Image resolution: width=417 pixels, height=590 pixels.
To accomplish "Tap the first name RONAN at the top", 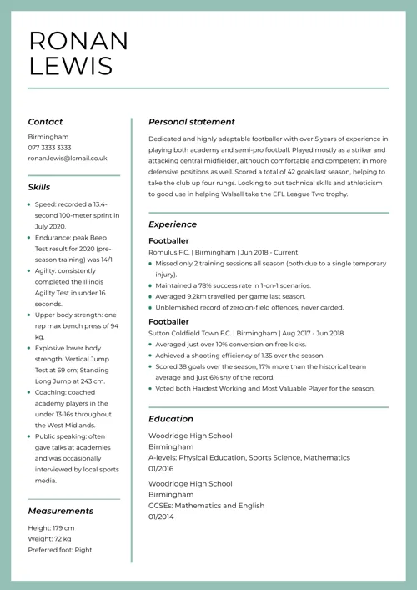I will tap(78, 40).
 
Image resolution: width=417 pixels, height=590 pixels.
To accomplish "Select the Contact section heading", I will tap(45, 121).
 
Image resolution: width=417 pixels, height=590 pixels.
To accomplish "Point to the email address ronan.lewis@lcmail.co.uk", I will tap(68, 158).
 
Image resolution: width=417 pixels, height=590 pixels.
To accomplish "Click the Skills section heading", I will tap(38, 187).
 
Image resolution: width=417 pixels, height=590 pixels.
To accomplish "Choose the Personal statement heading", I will tap(191, 121).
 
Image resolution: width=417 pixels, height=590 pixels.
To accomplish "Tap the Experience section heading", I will tap(173, 224).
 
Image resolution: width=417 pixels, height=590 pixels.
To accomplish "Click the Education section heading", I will tap(170, 418).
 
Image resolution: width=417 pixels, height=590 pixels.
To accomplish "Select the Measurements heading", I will tap(60, 510).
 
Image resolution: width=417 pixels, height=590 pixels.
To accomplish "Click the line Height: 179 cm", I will tap(51, 528).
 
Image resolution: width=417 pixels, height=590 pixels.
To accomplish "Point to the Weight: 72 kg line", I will tap(49, 539).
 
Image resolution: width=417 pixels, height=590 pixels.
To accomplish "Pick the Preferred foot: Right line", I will tap(60, 550).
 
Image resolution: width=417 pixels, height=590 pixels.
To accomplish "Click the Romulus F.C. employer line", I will tap(223, 251).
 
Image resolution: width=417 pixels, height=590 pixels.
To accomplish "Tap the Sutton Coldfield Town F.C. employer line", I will tap(245, 333).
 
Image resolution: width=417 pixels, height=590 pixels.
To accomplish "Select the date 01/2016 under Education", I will tap(162, 468).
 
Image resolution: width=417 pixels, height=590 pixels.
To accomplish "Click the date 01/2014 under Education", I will tap(162, 517).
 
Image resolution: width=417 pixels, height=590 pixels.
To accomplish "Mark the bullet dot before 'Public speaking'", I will tap(30, 436).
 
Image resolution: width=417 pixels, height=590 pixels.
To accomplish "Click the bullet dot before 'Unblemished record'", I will tap(150, 306).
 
